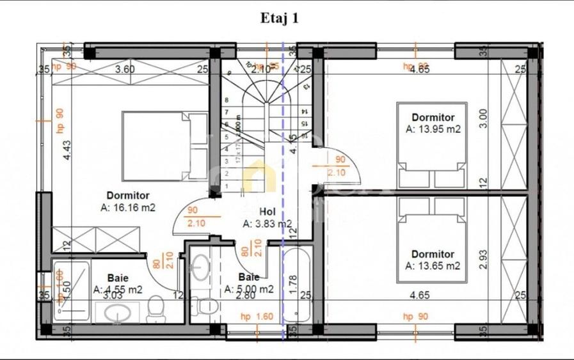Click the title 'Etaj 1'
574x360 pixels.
(280, 18)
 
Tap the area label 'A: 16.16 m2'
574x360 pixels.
(129, 207)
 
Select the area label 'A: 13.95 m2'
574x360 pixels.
(433, 129)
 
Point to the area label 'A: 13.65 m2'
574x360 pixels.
(433, 265)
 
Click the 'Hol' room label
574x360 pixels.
(267, 212)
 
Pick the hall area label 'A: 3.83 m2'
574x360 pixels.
(267, 224)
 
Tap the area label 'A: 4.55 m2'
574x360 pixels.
(118, 289)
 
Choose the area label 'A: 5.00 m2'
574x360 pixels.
(249, 289)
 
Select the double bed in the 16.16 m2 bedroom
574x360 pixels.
(164, 147)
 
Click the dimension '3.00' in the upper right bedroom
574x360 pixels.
(484, 119)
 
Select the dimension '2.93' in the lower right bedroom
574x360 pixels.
(484, 258)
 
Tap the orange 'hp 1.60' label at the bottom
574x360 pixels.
(256, 317)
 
